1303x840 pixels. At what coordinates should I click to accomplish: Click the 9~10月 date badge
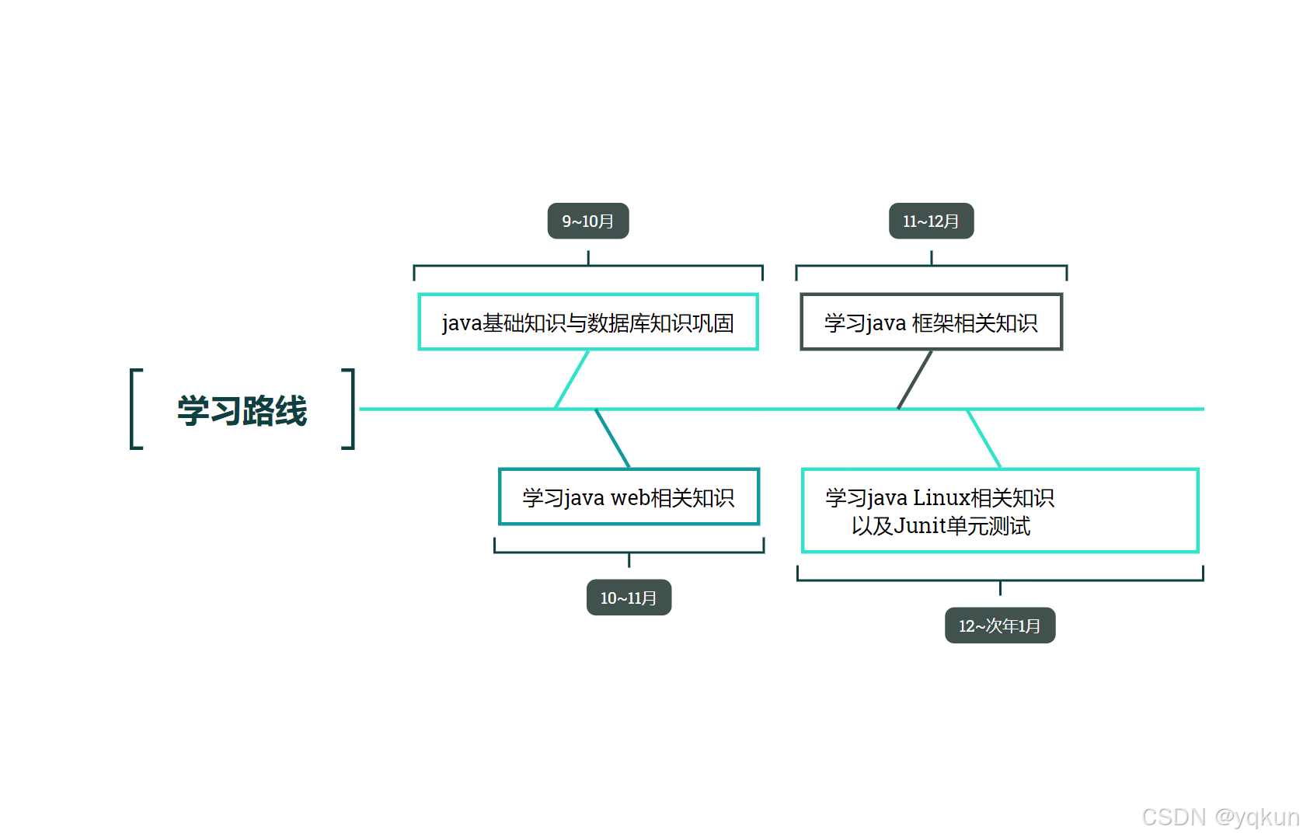(x=588, y=221)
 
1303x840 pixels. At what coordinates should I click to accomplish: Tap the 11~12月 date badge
(x=931, y=221)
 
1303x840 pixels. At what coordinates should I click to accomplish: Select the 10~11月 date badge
(x=629, y=598)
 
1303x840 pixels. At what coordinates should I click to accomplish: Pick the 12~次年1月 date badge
(x=999, y=626)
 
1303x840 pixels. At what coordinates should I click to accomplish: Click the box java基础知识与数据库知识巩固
(x=588, y=322)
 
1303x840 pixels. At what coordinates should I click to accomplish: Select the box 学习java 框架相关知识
(x=931, y=322)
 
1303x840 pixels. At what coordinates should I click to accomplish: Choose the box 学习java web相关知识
(x=629, y=497)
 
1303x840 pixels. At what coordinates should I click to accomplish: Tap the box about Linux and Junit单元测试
(x=1000, y=511)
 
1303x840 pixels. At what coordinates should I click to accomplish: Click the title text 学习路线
(x=242, y=410)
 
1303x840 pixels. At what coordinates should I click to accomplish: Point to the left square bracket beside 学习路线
(x=133, y=409)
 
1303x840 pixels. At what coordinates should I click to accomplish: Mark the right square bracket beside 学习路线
(x=351, y=409)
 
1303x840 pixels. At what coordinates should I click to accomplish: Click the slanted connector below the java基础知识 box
(x=572, y=379)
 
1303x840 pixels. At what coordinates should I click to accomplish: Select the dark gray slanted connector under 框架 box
(x=915, y=379)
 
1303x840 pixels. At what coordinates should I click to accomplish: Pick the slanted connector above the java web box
(x=612, y=438)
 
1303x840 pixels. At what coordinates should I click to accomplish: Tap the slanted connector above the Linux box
(x=984, y=438)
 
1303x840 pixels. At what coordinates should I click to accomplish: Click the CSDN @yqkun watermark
(x=1220, y=817)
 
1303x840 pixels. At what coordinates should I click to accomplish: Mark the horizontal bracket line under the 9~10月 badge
(x=505, y=266)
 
